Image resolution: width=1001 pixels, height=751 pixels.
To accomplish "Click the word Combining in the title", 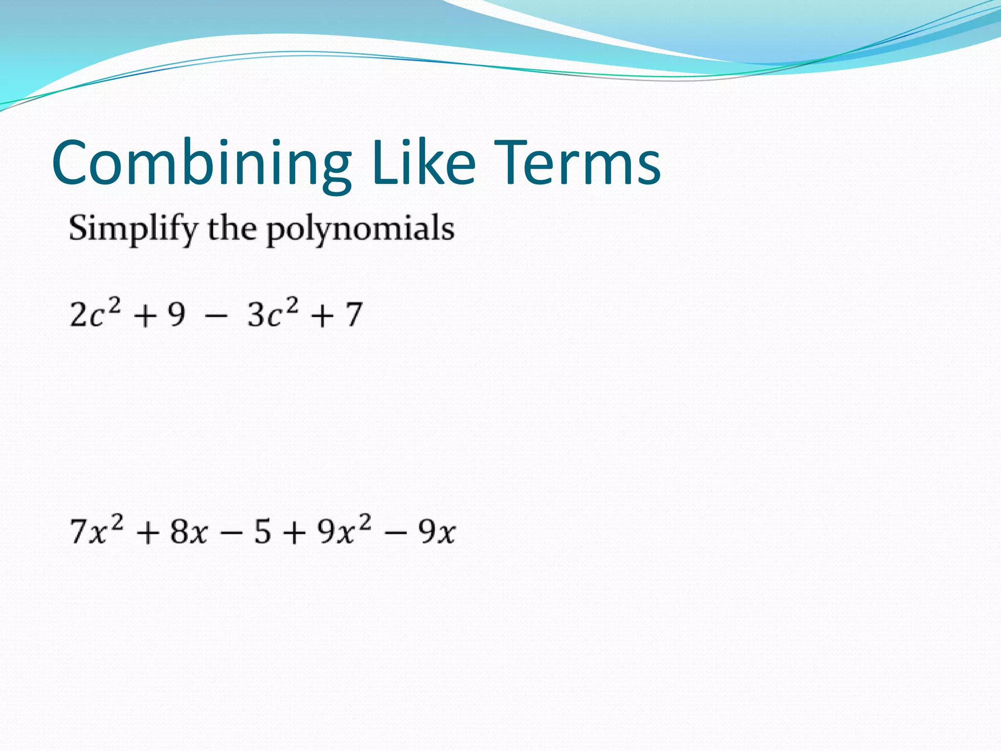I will point(201,162).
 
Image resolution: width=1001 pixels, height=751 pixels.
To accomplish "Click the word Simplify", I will point(133,229).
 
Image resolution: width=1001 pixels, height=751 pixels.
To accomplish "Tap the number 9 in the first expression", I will point(176,314).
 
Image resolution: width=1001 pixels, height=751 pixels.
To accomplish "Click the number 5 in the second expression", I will point(262,531).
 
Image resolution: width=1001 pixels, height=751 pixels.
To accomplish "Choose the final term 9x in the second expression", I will point(436,531).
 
